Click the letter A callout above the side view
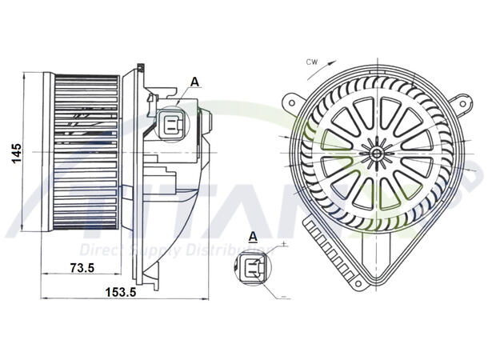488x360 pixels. coord(195,82)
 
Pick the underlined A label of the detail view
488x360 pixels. coord(253,237)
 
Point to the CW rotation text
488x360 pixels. coord(313,60)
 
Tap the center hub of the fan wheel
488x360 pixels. coord(375,150)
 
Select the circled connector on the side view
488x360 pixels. coord(170,123)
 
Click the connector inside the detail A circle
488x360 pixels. coord(252,266)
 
